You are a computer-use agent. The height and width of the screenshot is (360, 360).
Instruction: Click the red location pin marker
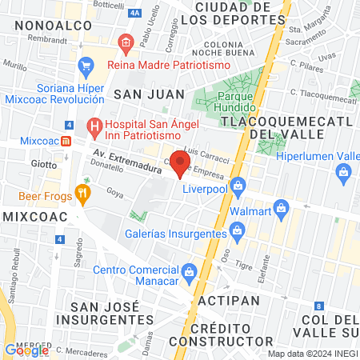(x=181, y=164)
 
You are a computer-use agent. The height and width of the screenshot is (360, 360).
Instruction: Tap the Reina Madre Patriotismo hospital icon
(x=124, y=42)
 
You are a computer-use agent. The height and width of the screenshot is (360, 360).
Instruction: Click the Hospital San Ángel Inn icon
(x=94, y=125)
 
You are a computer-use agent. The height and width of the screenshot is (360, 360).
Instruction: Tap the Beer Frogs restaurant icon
(x=81, y=193)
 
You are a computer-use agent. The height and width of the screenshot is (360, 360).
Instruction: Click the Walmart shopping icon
(x=280, y=210)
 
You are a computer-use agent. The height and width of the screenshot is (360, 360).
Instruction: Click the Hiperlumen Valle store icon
(x=344, y=171)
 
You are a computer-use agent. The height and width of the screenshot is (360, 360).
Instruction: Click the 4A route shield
(x=134, y=14)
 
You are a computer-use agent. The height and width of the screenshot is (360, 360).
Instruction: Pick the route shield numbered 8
(x=318, y=306)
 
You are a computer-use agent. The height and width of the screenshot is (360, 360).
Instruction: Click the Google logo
(x=26, y=350)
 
